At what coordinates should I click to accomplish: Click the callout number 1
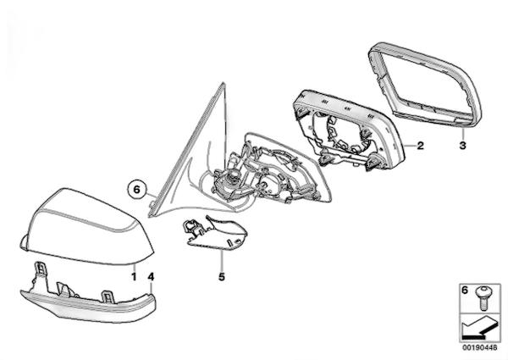[134, 277]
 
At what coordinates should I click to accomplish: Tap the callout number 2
[420, 146]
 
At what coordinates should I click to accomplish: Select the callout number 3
[462, 146]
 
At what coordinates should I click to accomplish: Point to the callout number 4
[151, 277]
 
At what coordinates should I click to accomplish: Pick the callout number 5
[222, 277]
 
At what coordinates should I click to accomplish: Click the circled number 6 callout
[136, 189]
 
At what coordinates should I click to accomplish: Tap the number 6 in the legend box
[465, 290]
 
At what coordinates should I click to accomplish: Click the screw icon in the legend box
[483, 298]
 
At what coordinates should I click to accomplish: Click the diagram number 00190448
[479, 347]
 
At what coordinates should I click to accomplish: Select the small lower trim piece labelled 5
[214, 233]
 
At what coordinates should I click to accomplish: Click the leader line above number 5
[222, 262]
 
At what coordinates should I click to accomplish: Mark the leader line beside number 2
[410, 147]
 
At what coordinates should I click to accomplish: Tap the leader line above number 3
[463, 134]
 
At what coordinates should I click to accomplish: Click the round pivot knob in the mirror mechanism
[232, 177]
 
